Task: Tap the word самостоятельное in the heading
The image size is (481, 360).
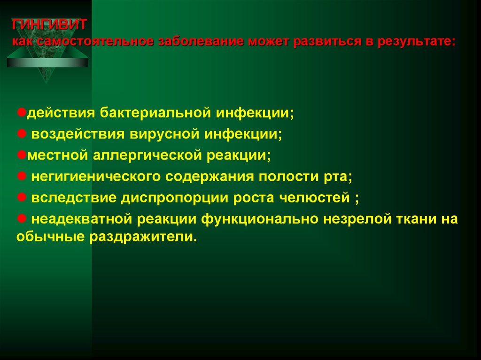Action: pyautogui.click(x=93, y=41)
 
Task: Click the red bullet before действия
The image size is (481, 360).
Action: pyautogui.click(x=22, y=113)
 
